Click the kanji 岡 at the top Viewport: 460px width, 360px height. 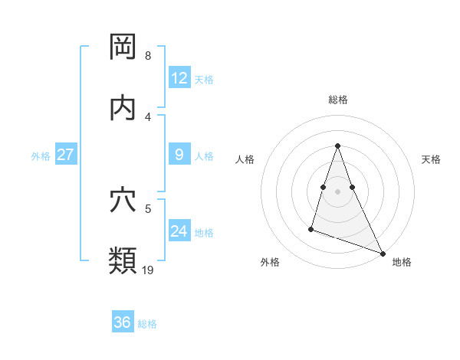pyautogui.click(x=123, y=47)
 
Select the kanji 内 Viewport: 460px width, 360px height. pyautogui.click(x=123, y=108)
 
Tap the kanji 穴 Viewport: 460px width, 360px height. pyautogui.click(x=123, y=200)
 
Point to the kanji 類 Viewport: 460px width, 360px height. pyautogui.click(x=123, y=260)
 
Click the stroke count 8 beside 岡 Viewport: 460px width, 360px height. pyautogui.click(x=148, y=56)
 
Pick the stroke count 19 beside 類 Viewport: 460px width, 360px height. pyautogui.click(x=148, y=270)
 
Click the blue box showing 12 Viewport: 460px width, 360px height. pyautogui.click(x=179, y=78)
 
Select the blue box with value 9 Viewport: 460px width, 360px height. pyautogui.click(x=179, y=155)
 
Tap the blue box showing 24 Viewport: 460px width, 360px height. pyautogui.click(x=179, y=231)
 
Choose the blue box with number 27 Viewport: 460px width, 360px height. pyautogui.click(x=65, y=155)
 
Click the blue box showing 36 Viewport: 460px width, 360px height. pyautogui.click(x=122, y=323)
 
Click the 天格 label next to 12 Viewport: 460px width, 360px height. pyautogui.click(x=204, y=80)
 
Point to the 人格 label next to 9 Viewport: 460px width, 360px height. pyautogui.click(x=204, y=156)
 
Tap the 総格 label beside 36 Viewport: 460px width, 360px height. pyautogui.click(x=147, y=325)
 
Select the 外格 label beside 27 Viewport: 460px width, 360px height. pyautogui.click(x=41, y=156)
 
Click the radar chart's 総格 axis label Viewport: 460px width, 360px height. pyautogui.click(x=338, y=100)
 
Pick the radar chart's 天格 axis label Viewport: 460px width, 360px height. pyautogui.click(x=431, y=159)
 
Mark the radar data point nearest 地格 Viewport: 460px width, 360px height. pyautogui.click(x=383, y=253)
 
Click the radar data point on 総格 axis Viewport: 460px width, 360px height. pyautogui.click(x=338, y=146)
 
